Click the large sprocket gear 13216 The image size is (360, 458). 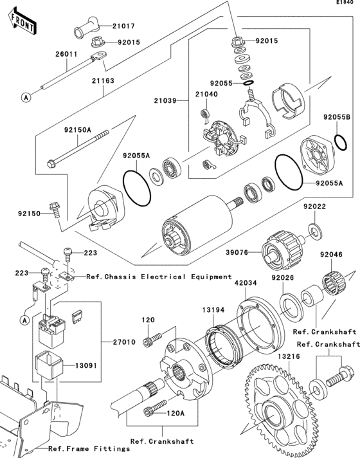coord(270,412)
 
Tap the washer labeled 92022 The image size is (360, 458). coord(316,228)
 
